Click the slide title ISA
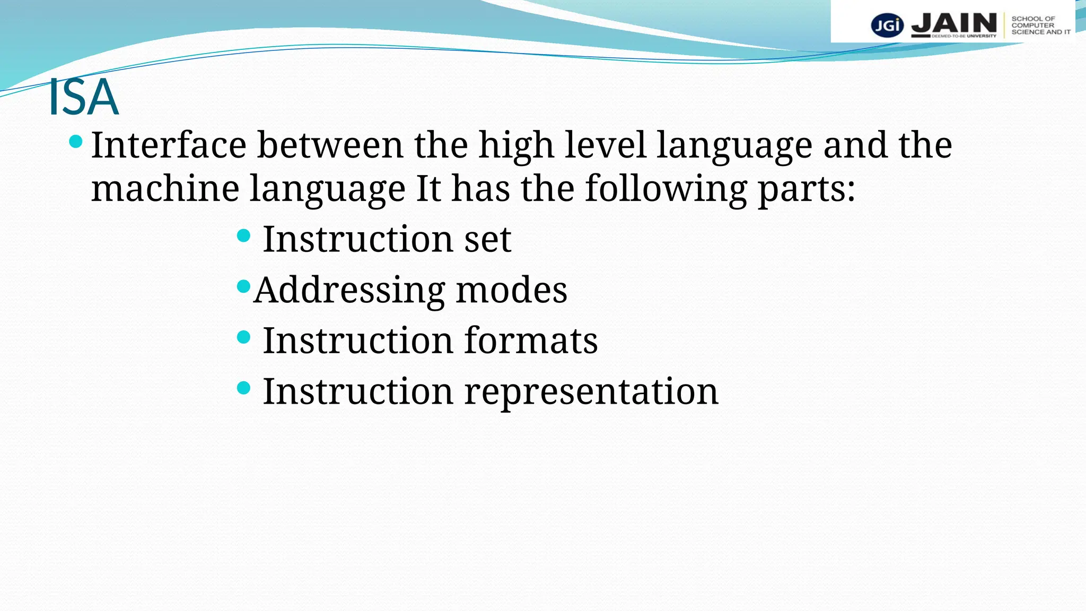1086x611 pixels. [x=83, y=97]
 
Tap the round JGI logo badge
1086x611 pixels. [x=887, y=25]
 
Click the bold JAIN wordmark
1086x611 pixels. [x=954, y=23]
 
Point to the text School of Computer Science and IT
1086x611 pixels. [x=1040, y=25]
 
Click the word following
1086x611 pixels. [x=665, y=189]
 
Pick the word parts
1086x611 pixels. [x=806, y=189]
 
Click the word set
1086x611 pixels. [x=487, y=239]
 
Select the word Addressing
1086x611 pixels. [x=349, y=291]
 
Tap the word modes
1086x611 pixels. [x=511, y=290]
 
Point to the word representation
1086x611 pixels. [x=591, y=392]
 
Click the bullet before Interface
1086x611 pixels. [x=76, y=142]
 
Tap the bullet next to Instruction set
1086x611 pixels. [x=243, y=235]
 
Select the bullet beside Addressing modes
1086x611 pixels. [x=243, y=286]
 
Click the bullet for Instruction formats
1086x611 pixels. [x=243, y=337]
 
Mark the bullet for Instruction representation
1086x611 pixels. [x=243, y=388]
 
